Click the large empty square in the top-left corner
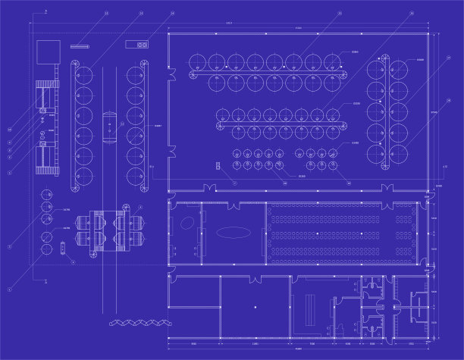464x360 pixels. click(x=48, y=51)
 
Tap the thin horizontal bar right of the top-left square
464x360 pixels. click(x=80, y=47)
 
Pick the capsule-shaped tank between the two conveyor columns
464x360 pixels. click(x=109, y=126)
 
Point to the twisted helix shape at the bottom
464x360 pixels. click(x=137, y=323)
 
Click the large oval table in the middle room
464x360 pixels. click(x=232, y=233)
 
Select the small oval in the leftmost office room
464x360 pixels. click(x=185, y=225)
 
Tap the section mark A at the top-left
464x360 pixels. click(x=45, y=13)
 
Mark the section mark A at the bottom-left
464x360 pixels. click(x=45, y=280)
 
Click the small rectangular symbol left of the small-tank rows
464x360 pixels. click(x=224, y=166)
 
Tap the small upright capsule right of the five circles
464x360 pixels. click(x=62, y=248)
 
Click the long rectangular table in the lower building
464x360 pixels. click(x=309, y=308)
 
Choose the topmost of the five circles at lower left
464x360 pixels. click(x=47, y=195)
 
